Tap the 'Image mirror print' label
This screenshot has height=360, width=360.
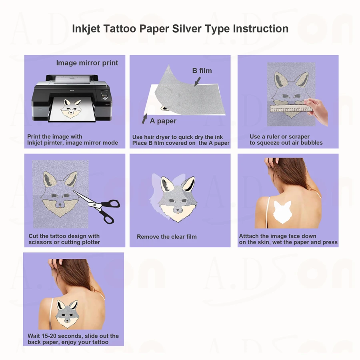(x=87, y=63)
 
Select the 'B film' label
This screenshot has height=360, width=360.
(x=202, y=71)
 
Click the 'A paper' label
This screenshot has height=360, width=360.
(x=163, y=121)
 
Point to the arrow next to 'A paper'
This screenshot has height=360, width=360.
(x=144, y=119)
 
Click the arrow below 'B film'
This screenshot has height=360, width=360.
(x=197, y=82)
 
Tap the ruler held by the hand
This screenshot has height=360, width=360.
(x=292, y=108)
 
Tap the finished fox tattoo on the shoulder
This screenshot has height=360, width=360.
(x=67, y=314)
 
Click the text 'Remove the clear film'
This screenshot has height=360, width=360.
(x=167, y=237)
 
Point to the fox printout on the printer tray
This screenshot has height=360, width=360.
(x=72, y=109)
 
